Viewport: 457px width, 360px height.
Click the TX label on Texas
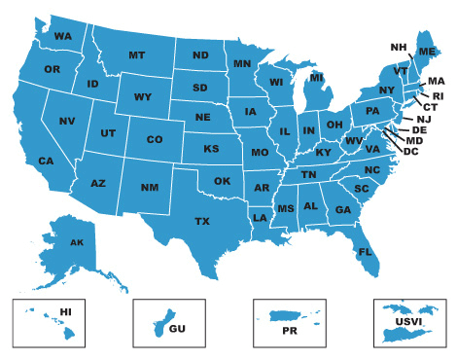(x=202, y=222)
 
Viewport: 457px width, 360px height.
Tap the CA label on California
(x=46, y=161)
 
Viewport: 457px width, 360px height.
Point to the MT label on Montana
(x=137, y=55)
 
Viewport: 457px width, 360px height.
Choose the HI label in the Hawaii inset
(x=66, y=311)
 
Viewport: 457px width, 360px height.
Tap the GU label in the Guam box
(x=177, y=329)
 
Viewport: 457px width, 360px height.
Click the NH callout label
(x=399, y=47)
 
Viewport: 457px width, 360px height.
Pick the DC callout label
(x=410, y=151)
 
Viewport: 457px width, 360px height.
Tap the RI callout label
(x=438, y=95)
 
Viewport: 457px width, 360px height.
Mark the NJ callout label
(x=424, y=118)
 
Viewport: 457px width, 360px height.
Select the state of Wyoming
(x=143, y=96)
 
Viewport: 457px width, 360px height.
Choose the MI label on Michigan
(x=317, y=78)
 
